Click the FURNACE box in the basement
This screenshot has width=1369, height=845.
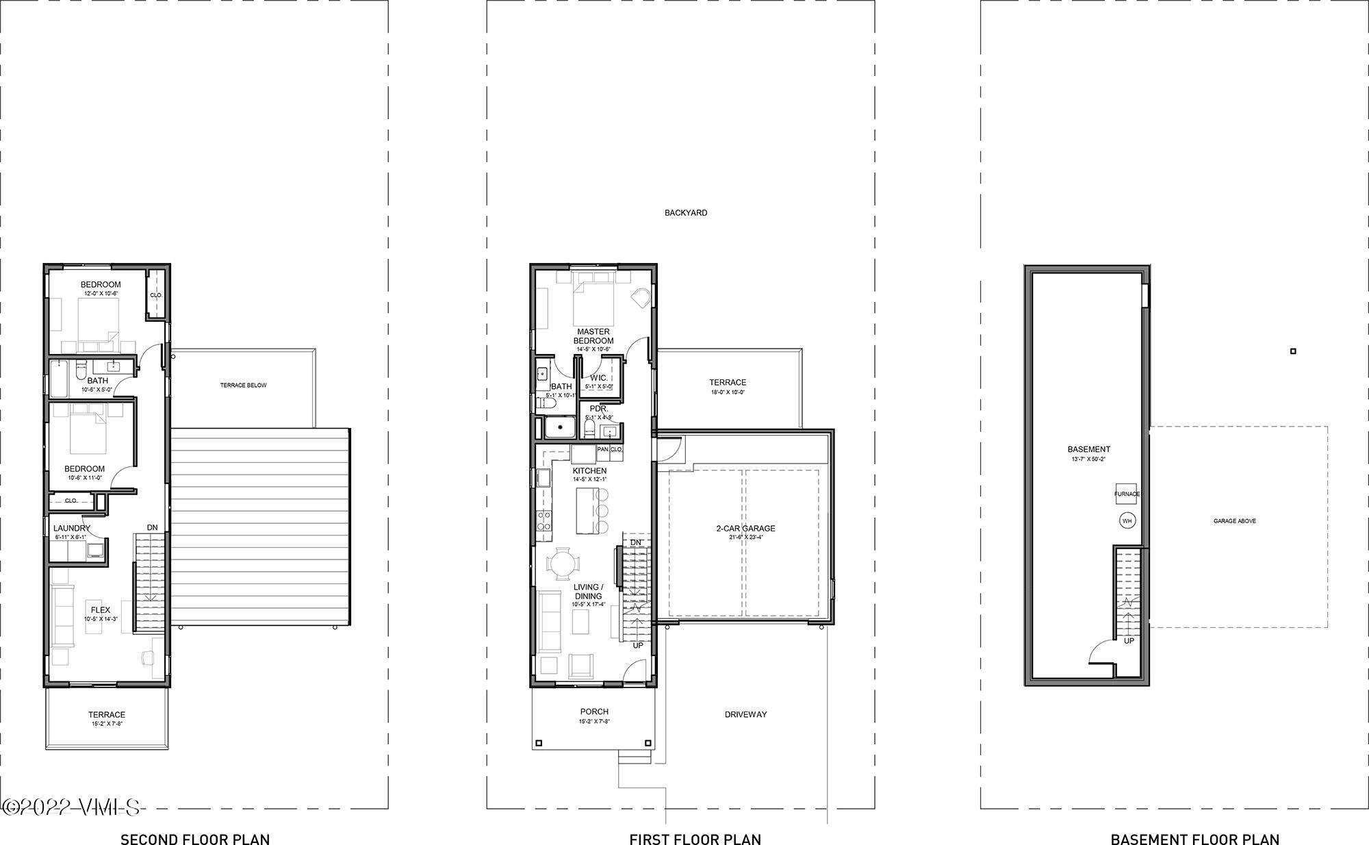tap(1127, 494)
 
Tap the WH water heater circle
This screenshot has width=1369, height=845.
tap(1127, 521)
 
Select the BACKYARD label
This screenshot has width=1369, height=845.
tap(686, 213)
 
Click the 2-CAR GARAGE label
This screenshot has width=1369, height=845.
tap(745, 529)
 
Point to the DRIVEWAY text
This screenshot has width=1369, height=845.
tap(745, 714)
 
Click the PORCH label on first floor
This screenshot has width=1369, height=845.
tap(594, 711)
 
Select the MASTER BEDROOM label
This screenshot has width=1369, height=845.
tap(593, 336)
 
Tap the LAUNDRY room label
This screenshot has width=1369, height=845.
tap(71, 529)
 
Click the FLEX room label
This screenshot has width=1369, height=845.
tap(101, 609)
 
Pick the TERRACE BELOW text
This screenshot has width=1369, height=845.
tap(243, 386)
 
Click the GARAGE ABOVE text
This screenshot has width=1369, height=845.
tap(1234, 521)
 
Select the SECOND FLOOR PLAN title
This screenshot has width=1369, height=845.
tap(195, 839)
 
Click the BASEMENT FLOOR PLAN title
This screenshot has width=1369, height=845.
tap(1194, 839)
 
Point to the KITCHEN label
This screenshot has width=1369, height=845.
tap(589, 471)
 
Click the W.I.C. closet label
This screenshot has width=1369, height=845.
tap(598, 378)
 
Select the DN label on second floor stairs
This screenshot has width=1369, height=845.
tap(152, 527)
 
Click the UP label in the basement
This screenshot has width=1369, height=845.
tap(1129, 641)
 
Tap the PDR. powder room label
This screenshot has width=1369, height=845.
tap(598, 409)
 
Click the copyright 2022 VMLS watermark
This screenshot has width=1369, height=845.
tap(71, 808)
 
